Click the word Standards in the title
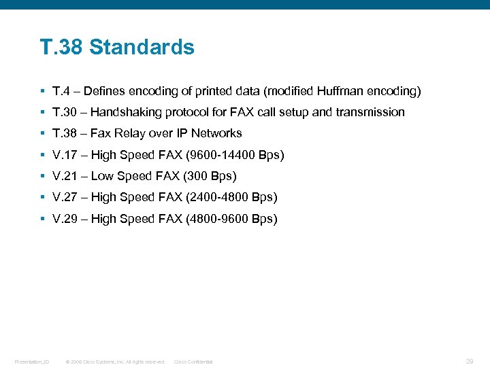[x=142, y=48]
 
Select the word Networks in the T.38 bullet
[x=216, y=133]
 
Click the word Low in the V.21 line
[x=102, y=176]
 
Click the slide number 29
[x=468, y=361]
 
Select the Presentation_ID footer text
[x=32, y=362]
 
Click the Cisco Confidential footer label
[x=193, y=362]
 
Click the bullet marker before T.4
[x=42, y=91]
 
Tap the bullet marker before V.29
[x=42, y=219]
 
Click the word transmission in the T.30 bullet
[x=370, y=112]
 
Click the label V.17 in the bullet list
[x=65, y=155]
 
